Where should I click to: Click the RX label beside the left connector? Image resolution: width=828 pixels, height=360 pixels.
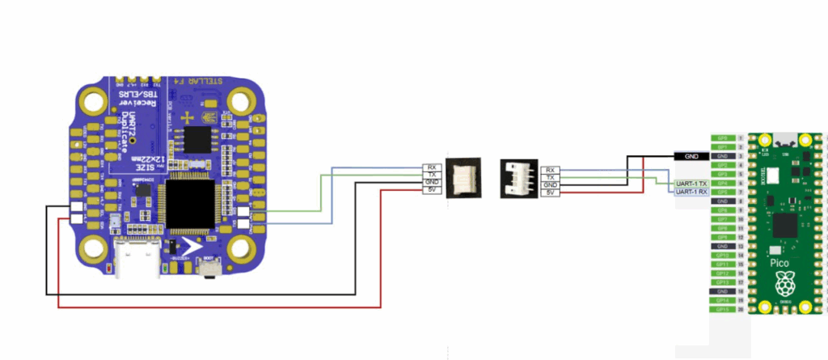(x=431, y=168)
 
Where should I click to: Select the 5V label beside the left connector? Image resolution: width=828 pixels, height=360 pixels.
(x=431, y=192)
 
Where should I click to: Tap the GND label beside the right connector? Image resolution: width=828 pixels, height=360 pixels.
(x=550, y=184)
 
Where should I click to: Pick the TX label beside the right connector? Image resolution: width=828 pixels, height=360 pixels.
(x=550, y=176)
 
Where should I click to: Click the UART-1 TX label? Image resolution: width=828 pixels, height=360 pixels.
(x=691, y=184)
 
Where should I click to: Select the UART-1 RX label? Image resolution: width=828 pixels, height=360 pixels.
(x=691, y=192)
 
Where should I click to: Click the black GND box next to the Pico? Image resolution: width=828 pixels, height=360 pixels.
(x=691, y=156)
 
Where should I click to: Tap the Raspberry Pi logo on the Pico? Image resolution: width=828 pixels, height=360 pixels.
(x=783, y=284)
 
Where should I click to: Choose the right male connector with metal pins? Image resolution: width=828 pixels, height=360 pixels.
(x=519, y=176)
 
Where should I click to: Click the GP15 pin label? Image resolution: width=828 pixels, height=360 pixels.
(x=722, y=309)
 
